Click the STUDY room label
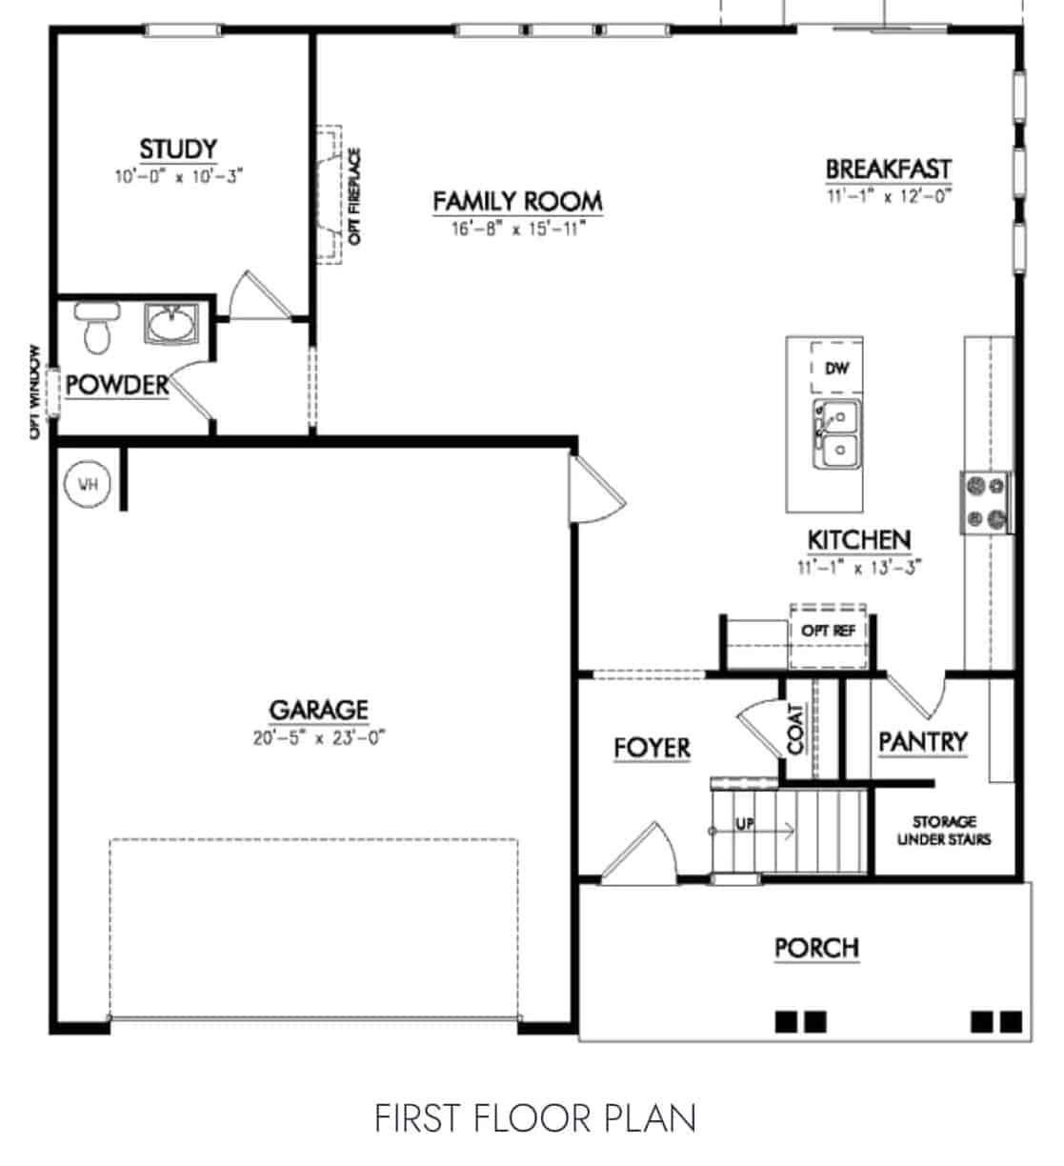point(178,150)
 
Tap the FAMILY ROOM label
point(517,201)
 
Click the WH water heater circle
point(88,485)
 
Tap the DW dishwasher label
point(836,369)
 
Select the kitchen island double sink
point(836,433)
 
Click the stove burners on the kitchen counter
point(986,502)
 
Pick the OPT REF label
point(827,631)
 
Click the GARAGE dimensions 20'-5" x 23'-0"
point(318,737)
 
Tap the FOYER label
point(652,749)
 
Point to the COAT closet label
point(796,729)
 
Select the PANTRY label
point(922,741)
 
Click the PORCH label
point(816,948)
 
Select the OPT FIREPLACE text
point(355,197)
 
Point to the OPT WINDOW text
point(35,392)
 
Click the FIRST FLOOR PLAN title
point(534,1118)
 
